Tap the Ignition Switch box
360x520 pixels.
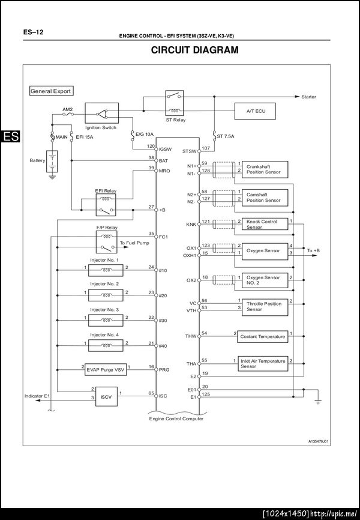101,113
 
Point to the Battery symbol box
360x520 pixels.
53,161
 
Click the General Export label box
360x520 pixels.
51,91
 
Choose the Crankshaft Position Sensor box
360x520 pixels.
263,169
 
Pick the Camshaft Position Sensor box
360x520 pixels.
263,198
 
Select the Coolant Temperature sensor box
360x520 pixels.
262,336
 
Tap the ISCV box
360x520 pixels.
104,396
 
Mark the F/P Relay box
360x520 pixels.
106,243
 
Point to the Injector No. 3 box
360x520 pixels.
105,321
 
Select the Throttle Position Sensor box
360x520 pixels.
263,306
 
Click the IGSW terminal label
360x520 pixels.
164,149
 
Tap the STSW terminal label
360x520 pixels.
190,151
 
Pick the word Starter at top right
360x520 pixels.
308,97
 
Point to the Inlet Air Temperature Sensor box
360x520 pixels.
263,363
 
